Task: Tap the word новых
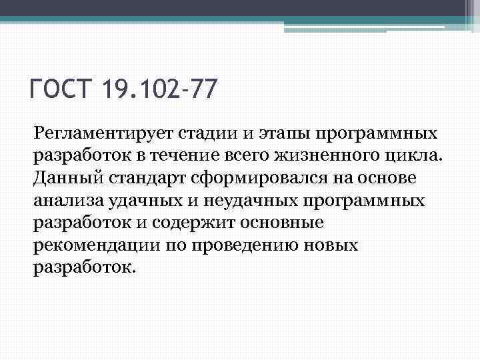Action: pos(331,245)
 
